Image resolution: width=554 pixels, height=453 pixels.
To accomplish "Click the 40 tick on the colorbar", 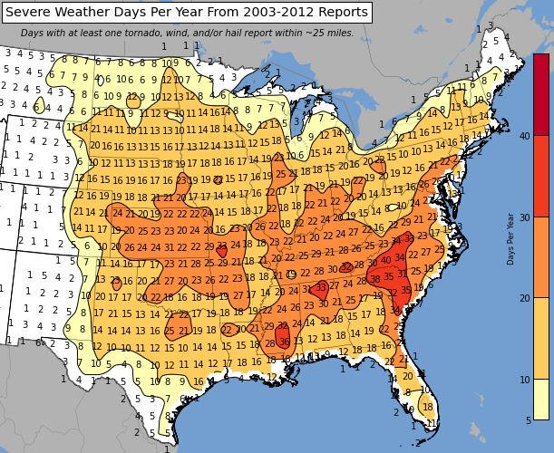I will click(x=524, y=136).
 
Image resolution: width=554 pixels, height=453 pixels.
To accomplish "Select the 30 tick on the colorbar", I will click(x=524, y=218).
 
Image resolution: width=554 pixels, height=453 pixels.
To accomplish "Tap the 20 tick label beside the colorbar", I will click(x=524, y=298).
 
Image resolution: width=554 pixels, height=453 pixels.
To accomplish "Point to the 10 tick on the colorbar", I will click(x=524, y=379).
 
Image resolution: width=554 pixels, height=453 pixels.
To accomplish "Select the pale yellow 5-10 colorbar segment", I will click(x=540, y=399).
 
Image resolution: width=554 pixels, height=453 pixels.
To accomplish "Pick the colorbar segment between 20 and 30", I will click(x=540, y=258).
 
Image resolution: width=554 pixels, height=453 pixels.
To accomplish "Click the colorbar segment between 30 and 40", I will click(x=540, y=177).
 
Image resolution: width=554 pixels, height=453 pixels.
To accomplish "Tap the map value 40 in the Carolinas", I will click(x=386, y=260).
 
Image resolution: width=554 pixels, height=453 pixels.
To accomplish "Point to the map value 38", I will click(x=374, y=280).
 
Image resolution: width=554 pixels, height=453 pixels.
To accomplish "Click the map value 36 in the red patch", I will click(x=285, y=342).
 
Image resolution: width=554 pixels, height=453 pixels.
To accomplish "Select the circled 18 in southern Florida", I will click(x=427, y=407).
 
